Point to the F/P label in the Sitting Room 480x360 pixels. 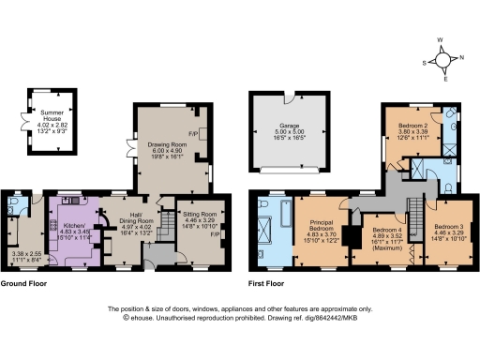[x=215, y=234]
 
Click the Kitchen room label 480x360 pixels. [x=74, y=230]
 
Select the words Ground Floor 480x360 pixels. [x=25, y=282]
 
